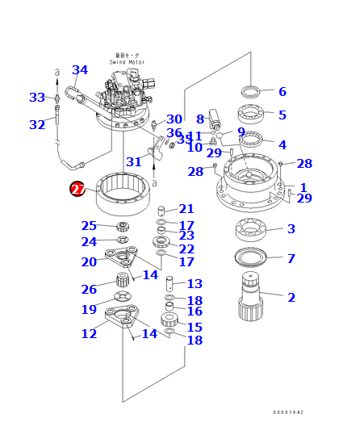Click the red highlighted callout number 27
77,190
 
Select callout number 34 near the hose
80,70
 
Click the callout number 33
37,98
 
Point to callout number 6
283,92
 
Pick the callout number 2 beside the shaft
291,298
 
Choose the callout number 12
89,333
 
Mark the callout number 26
89,290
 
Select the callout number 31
134,162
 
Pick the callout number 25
89,226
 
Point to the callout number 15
195,327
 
